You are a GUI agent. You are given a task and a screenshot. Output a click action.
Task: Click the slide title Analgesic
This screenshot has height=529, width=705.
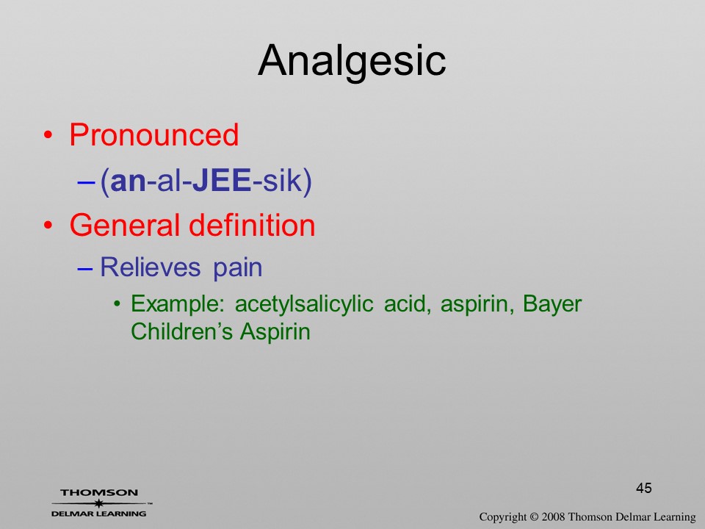[352, 61]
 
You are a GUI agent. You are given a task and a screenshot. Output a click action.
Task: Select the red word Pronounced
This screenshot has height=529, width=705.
[153, 134]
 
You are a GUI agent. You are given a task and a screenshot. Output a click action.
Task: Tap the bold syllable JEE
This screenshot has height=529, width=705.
[222, 181]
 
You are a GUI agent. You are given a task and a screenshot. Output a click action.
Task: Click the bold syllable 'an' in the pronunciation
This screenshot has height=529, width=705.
[128, 181]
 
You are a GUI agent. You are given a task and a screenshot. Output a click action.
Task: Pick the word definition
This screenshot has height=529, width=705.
[252, 225]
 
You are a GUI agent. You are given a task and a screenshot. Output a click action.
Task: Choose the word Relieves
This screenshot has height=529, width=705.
[150, 267]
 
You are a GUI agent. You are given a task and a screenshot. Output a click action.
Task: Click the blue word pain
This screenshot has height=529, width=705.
[237, 269]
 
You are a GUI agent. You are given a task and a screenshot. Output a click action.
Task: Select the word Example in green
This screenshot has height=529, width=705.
[177, 305]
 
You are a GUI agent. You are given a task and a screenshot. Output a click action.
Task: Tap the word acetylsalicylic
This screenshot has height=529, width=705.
[304, 305]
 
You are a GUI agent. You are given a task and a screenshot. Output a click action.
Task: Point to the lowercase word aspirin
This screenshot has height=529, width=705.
[477, 305]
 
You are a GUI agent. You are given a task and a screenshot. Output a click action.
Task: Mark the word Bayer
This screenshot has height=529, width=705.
[552, 305]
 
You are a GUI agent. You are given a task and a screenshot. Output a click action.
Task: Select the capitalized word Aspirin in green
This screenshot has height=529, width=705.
[275, 333]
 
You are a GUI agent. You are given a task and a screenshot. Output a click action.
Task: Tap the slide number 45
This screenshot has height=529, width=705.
[644, 488]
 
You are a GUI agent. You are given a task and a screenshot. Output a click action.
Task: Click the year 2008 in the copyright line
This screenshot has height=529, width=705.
[554, 517]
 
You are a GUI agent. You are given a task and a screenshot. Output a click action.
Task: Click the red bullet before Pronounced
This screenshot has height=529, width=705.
[48, 135]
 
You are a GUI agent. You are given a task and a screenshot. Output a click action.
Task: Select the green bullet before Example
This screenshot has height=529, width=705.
[117, 304]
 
